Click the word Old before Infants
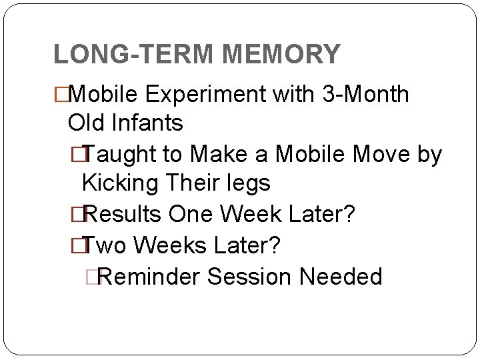click(x=87, y=123)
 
